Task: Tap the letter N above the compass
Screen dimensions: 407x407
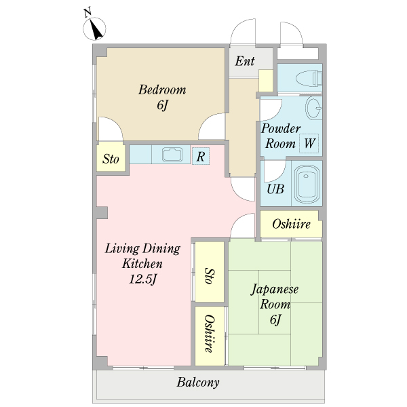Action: click(x=88, y=13)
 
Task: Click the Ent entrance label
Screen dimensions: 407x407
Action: click(x=244, y=61)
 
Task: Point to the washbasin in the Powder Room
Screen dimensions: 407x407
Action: click(x=313, y=107)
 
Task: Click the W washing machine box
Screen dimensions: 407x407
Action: click(x=309, y=143)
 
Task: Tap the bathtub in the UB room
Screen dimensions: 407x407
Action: click(x=307, y=185)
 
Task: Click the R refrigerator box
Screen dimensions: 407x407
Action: click(x=201, y=156)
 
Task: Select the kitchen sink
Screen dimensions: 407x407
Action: click(x=172, y=155)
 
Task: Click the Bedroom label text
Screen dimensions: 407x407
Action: click(x=162, y=90)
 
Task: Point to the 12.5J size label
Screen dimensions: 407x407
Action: click(x=143, y=279)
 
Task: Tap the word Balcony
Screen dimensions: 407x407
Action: click(x=198, y=383)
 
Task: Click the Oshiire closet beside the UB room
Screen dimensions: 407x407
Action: click(x=291, y=224)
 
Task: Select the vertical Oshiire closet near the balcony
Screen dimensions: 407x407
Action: click(x=210, y=336)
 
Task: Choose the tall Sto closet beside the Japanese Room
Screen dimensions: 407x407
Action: click(x=210, y=272)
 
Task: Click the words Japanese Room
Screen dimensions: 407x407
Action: click(x=275, y=296)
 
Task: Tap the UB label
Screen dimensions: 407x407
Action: click(x=275, y=189)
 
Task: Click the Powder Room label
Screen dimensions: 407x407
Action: click(x=280, y=136)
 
